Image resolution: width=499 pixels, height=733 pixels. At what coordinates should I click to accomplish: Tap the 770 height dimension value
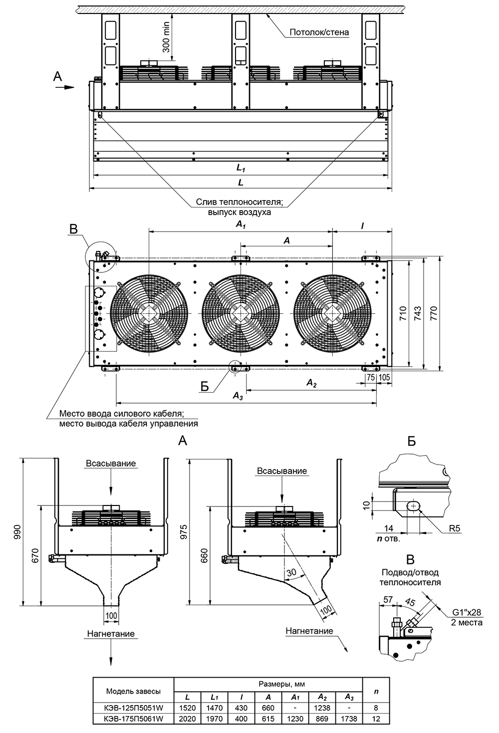coord(434,312)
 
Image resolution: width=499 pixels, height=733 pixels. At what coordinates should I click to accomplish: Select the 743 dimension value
coord(418,312)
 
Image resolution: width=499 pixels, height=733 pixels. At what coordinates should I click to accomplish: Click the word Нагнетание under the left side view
coord(110,634)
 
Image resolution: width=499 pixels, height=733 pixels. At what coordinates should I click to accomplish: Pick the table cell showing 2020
coord(187,719)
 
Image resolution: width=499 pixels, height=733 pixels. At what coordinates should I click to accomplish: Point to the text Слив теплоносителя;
coord(240,202)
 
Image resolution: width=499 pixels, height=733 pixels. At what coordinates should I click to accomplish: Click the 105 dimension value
coord(384,377)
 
